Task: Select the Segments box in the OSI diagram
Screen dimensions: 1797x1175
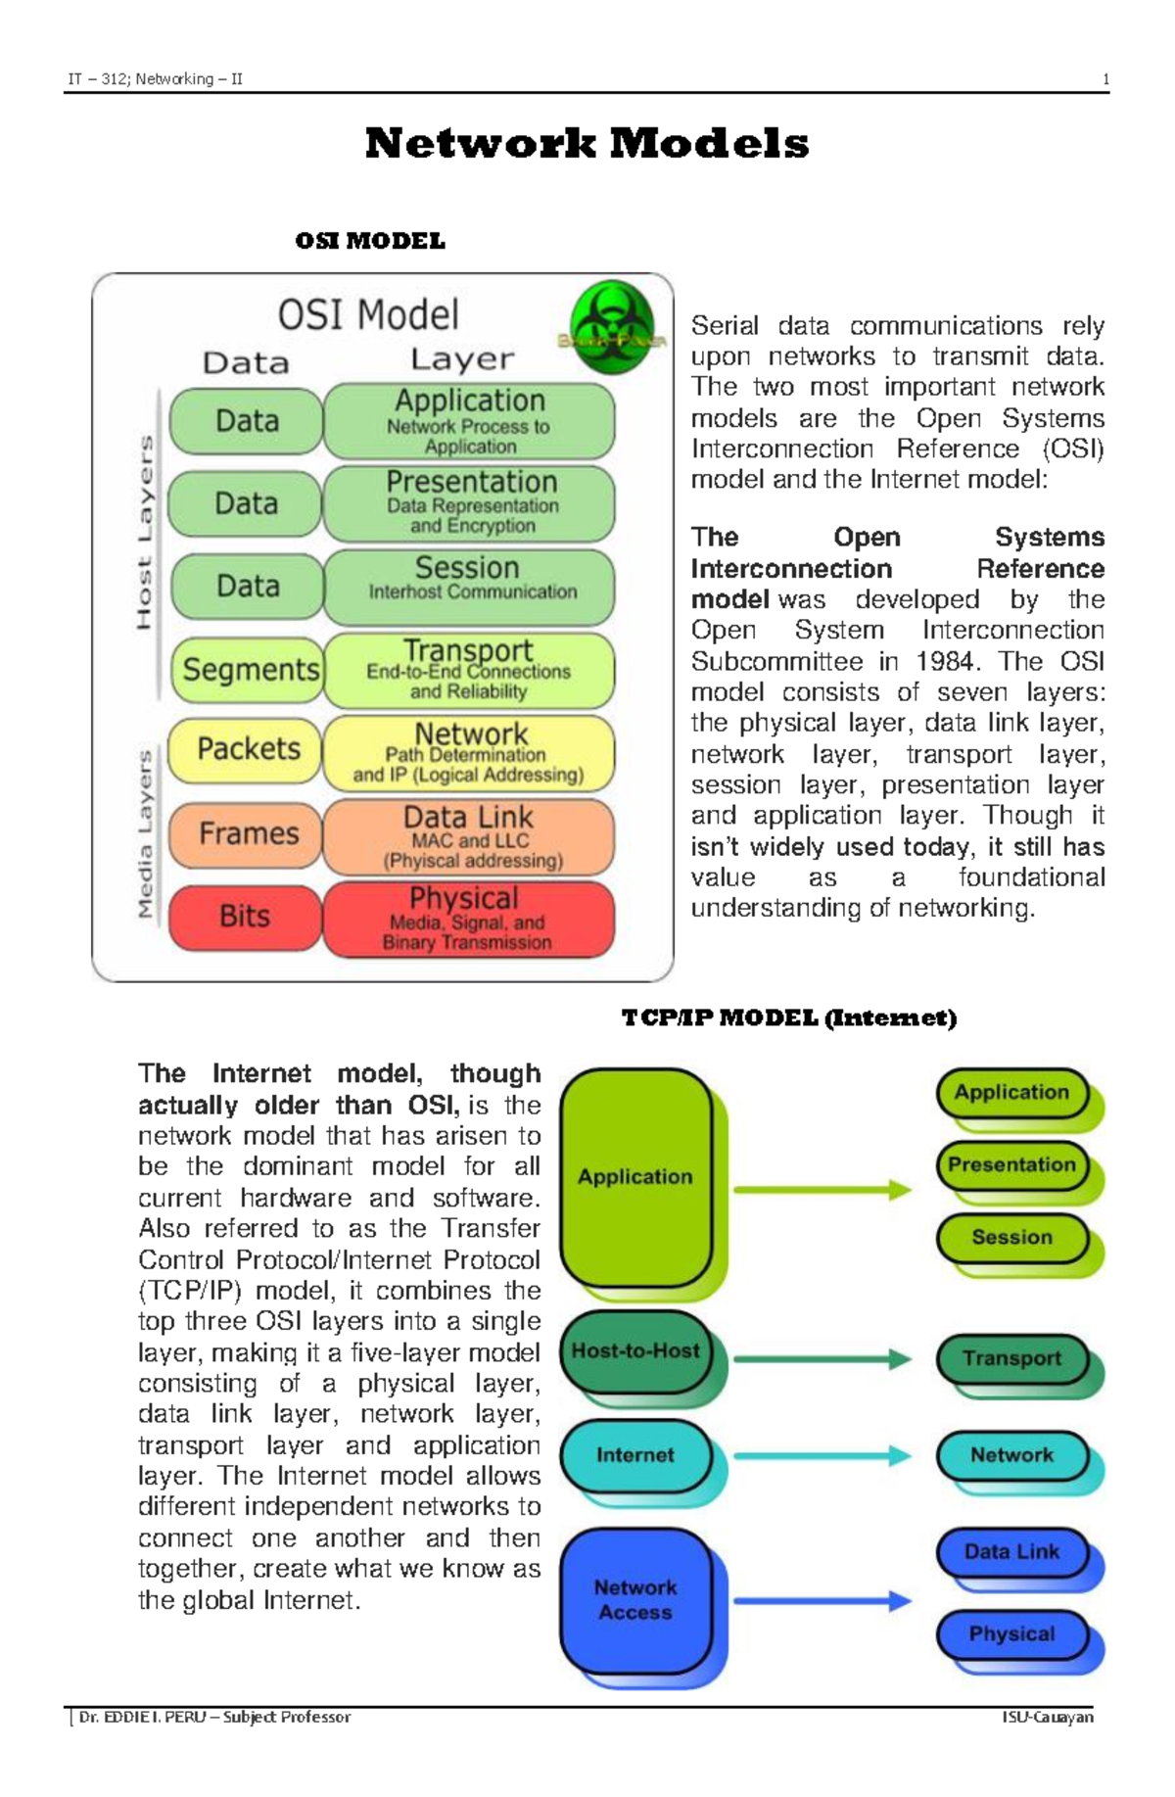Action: click(249, 670)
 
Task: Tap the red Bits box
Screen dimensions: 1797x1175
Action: click(245, 917)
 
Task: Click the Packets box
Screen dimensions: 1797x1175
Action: click(247, 749)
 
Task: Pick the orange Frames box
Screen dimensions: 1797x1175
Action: click(247, 833)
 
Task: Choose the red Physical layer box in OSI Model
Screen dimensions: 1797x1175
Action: click(468, 919)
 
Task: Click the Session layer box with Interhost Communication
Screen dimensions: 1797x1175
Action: click(469, 586)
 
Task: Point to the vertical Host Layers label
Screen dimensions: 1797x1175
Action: click(145, 532)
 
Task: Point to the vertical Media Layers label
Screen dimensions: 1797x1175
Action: click(145, 834)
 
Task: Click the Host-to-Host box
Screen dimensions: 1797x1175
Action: click(635, 1351)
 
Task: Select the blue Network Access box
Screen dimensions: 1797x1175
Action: click(635, 1599)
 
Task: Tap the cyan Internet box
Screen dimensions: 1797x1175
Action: click(635, 1455)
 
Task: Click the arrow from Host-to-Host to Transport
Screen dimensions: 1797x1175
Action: click(822, 1358)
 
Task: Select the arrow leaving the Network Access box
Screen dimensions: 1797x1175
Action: click(822, 1602)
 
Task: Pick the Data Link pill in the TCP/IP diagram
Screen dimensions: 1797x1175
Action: click(1011, 1552)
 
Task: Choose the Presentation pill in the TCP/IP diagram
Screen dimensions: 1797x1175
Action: click(1011, 1165)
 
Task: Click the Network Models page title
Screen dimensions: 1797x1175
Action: click(587, 144)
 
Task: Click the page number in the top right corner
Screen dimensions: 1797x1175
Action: click(1105, 80)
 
